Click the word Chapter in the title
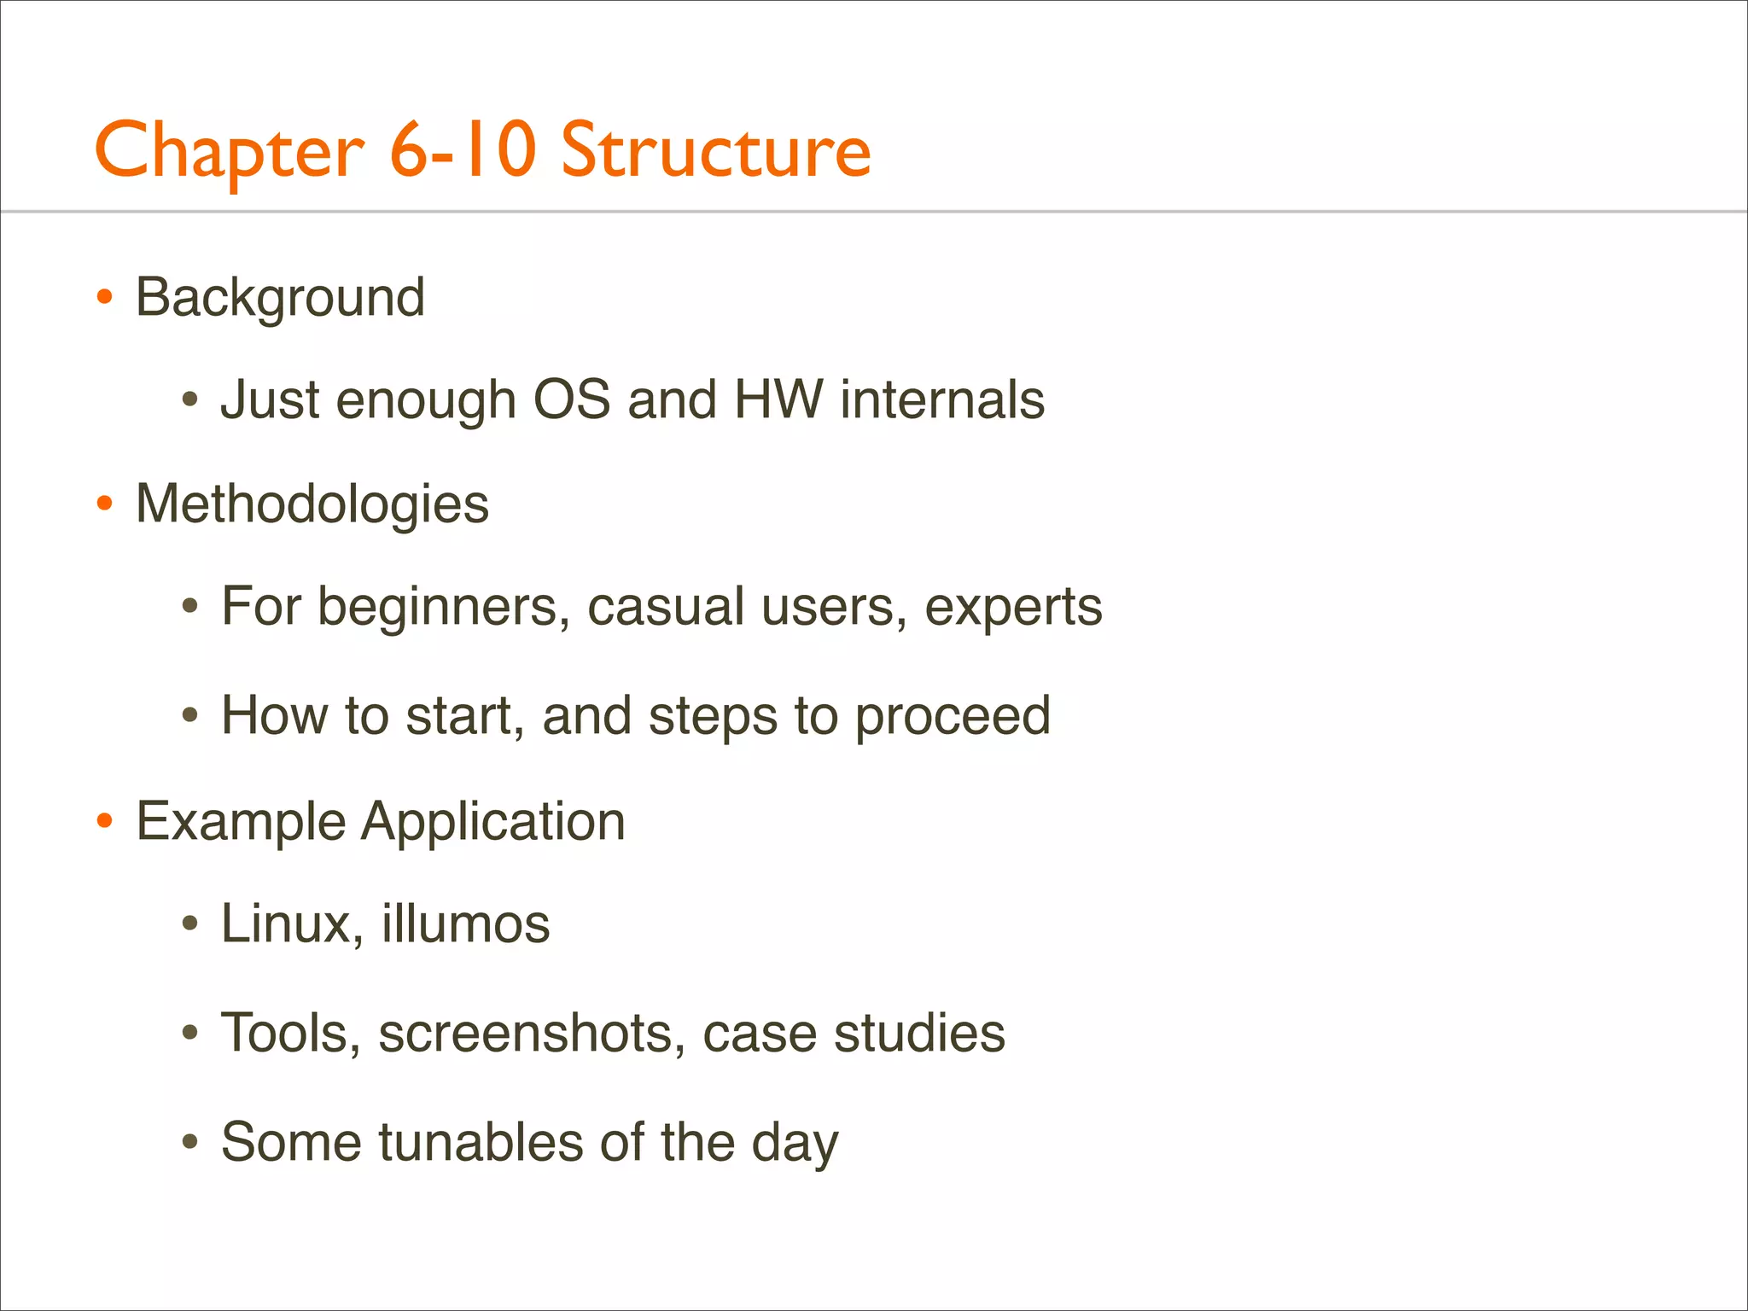coord(229,150)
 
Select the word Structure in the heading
coord(715,150)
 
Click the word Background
coord(280,297)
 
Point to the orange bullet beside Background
coord(105,297)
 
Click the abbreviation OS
coord(571,399)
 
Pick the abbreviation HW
coord(778,399)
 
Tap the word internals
coord(942,399)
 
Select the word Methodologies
coord(312,504)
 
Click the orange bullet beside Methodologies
coord(105,504)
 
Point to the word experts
coord(1013,608)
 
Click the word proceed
coord(953,715)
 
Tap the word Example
coord(241,822)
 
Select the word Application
coord(493,822)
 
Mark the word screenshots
coord(532,1033)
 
